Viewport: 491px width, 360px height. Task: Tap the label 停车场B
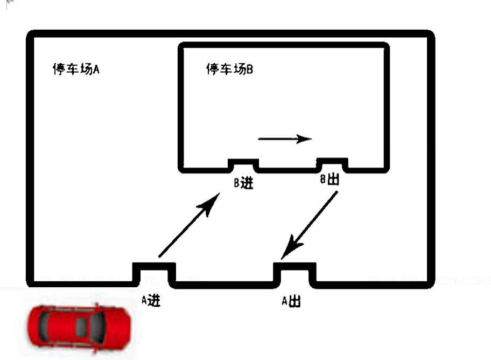tap(229, 69)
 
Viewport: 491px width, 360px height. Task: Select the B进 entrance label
tap(243, 183)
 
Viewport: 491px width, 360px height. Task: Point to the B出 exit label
tap(330, 179)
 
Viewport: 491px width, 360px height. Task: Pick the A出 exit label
tap(291, 301)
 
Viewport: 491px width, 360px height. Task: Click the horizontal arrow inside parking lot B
tap(285, 139)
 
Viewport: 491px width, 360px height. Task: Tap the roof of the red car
tap(80, 325)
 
